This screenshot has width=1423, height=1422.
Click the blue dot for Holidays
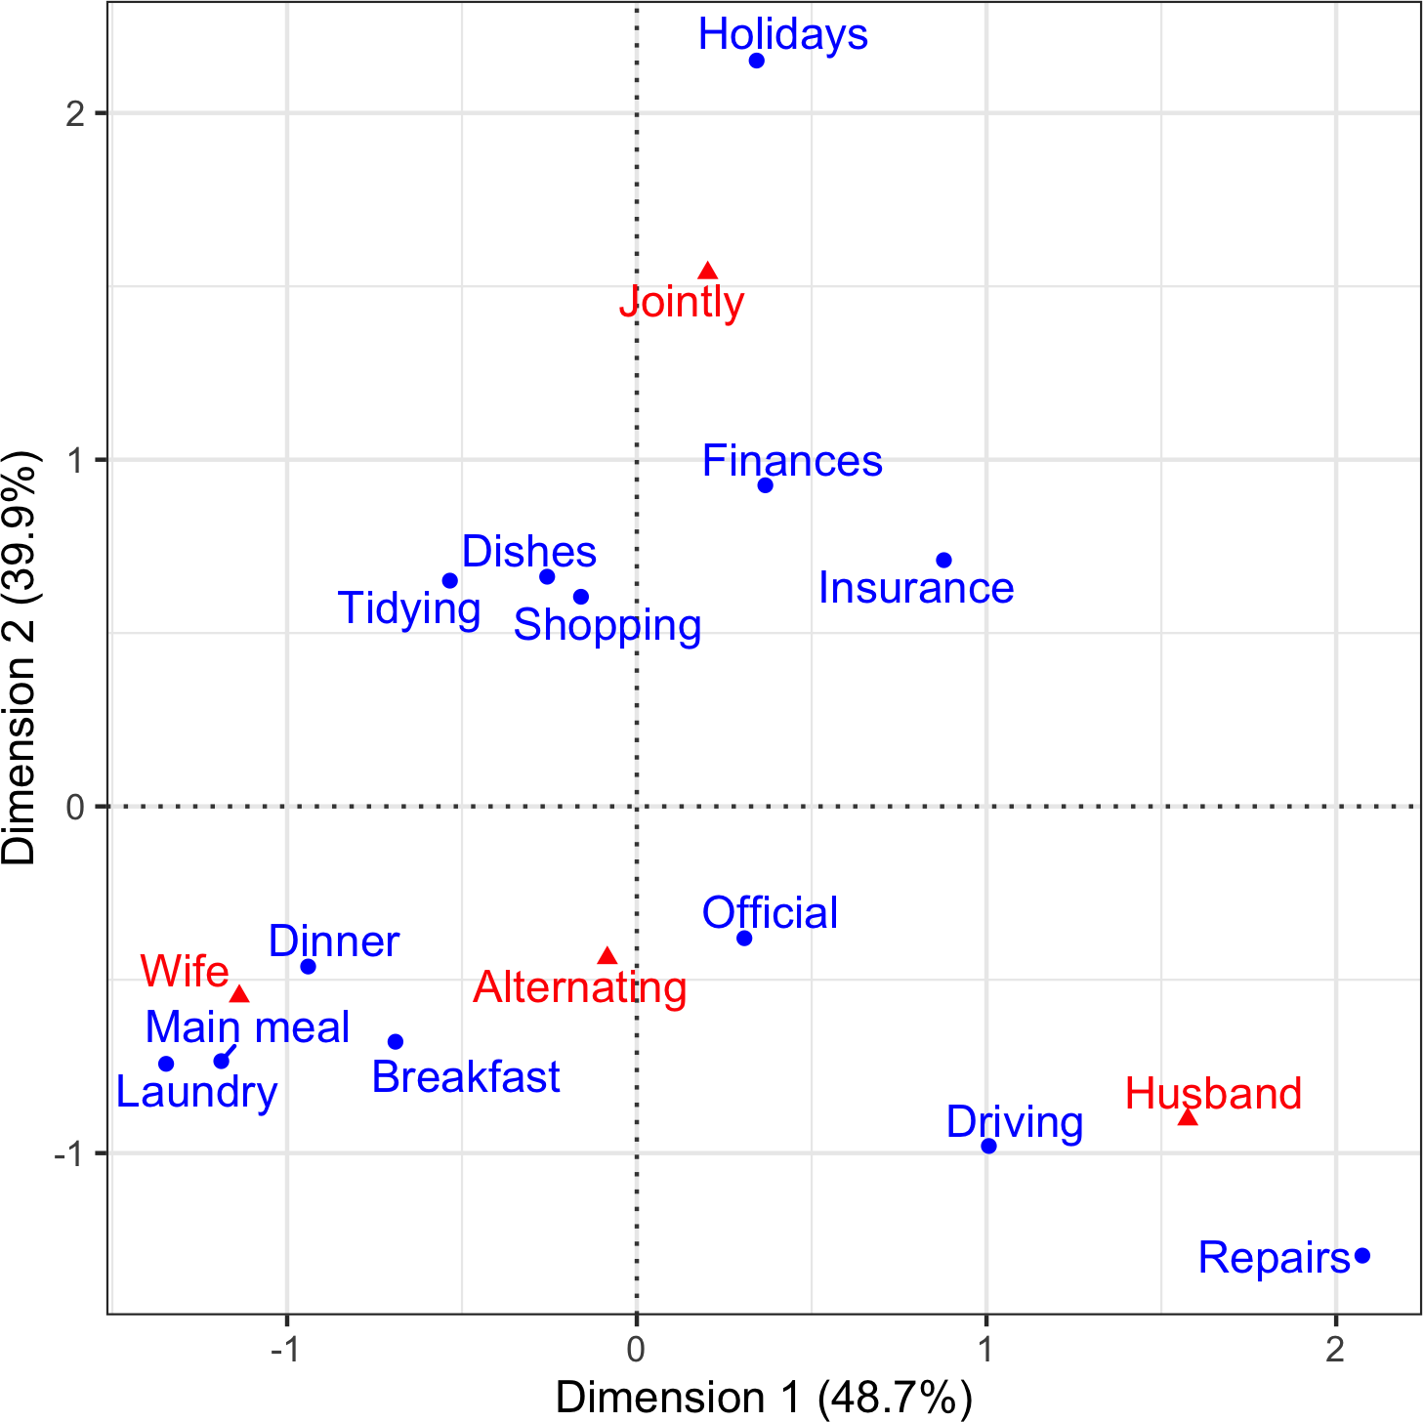click(x=756, y=61)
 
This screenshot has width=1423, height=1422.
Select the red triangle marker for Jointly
click(x=708, y=272)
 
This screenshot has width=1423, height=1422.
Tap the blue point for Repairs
click(x=1362, y=1255)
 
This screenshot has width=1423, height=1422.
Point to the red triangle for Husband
click(x=1188, y=1117)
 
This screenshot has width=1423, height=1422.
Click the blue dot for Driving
click(x=988, y=1146)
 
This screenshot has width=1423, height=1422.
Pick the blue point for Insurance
click(x=943, y=560)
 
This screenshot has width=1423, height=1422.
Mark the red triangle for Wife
click(x=239, y=994)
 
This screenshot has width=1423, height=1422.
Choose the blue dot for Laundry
click(x=166, y=1064)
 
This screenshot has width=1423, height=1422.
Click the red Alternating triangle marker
click(x=607, y=956)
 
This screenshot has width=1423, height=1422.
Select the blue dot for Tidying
click(x=450, y=580)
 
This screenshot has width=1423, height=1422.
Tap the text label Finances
click(x=792, y=461)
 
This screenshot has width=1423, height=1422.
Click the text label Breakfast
click(x=466, y=1077)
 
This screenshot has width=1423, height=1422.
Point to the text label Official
click(x=770, y=913)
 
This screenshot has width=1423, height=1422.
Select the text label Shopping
click(x=607, y=625)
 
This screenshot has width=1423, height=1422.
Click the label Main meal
click(x=247, y=1027)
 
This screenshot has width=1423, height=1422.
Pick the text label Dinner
click(x=334, y=941)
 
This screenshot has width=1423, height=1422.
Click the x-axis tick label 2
click(x=1335, y=1350)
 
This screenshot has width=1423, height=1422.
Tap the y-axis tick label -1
click(x=68, y=1153)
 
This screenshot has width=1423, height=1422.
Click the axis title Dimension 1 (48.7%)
click(x=764, y=1399)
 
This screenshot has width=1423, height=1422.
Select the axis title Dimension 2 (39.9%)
click(x=20, y=657)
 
